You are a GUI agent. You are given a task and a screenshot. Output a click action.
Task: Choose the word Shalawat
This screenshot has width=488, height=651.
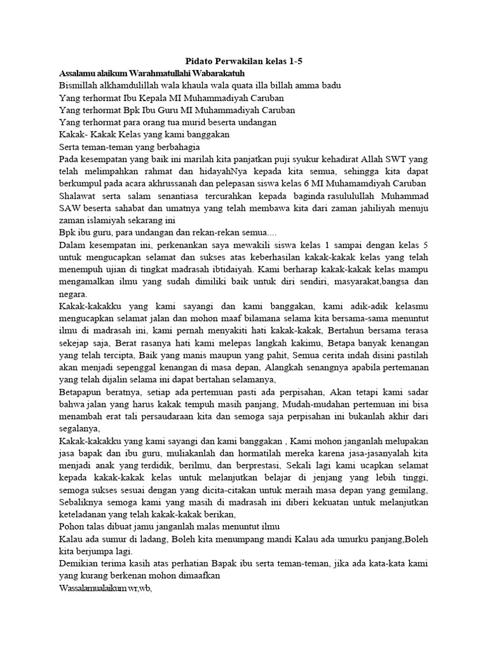click(x=79, y=195)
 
